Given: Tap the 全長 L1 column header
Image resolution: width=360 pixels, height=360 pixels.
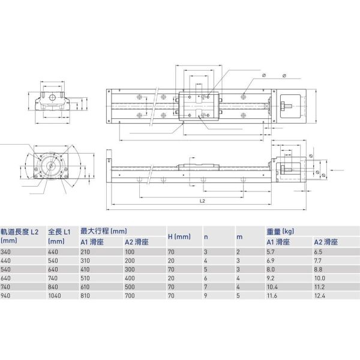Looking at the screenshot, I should (x=59, y=230).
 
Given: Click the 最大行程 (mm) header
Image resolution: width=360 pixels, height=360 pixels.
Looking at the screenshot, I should (x=104, y=230).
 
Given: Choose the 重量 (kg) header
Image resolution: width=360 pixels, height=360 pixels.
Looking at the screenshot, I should (x=280, y=230).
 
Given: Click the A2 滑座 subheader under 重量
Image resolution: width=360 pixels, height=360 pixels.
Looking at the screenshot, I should (x=327, y=241).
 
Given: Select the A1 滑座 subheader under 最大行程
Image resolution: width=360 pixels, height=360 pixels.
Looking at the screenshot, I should (x=92, y=241).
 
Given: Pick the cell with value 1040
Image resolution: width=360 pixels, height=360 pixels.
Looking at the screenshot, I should (x=55, y=296).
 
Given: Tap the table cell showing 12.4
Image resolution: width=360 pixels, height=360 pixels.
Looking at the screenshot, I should (x=321, y=296).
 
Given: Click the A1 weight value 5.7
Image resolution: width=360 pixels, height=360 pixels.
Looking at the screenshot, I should (x=271, y=252).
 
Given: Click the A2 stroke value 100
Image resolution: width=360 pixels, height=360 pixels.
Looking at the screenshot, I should (x=129, y=252).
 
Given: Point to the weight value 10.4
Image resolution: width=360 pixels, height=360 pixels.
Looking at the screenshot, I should (x=272, y=287).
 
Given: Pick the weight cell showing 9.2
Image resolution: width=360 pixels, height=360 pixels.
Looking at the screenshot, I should (x=271, y=278).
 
